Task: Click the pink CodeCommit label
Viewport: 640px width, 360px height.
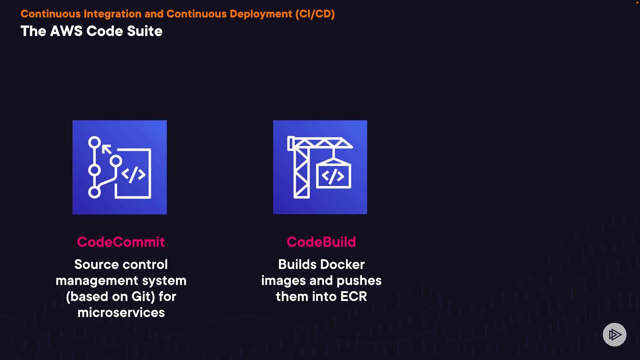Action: pyautogui.click(x=121, y=242)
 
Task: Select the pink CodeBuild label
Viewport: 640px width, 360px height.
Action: pyautogui.click(x=321, y=242)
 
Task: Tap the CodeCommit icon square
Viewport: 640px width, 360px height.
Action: pyautogui.click(x=119, y=167)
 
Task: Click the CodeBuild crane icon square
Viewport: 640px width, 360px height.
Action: pyautogui.click(x=320, y=167)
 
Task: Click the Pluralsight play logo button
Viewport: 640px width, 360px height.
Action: pyautogui.click(x=614, y=335)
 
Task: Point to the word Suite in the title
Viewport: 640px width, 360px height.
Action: pyautogui.click(x=145, y=31)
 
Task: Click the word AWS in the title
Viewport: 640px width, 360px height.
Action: pyautogui.click(x=66, y=31)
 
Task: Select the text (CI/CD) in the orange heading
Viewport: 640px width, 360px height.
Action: pyautogui.click(x=315, y=14)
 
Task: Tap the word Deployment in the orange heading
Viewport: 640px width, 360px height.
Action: pyautogui.click(x=261, y=14)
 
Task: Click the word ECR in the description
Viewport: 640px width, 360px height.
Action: pyautogui.click(x=353, y=297)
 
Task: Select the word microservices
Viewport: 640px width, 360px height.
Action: pyautogui.click(x=121, y=313)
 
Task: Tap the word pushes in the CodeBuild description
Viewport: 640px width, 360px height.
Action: pyautogui.click(x=359, y=281)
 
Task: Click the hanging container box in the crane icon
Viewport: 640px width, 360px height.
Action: pyautogui.click(x=333, y=175)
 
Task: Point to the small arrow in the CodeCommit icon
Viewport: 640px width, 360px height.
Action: pyautogui.click(x=106, y=149)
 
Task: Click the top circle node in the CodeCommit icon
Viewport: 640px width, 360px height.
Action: pyautogui.click(x=94, y=143)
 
